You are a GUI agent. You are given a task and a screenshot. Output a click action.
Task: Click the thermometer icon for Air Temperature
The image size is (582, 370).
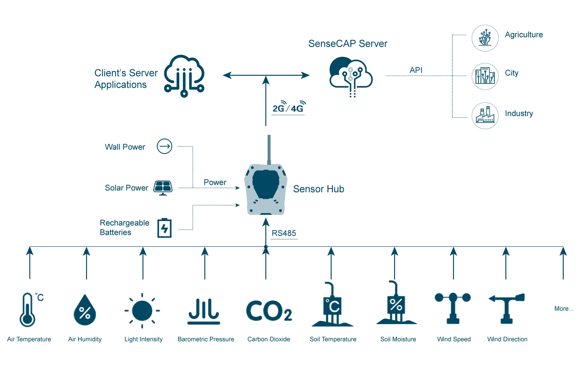pos(27,310)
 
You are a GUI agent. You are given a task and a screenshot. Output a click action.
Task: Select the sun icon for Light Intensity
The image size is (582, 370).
pos(142,310)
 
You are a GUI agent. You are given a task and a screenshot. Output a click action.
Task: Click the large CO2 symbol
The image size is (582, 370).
pos(269,310)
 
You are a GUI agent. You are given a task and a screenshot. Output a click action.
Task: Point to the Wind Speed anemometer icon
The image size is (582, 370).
pos(452,308)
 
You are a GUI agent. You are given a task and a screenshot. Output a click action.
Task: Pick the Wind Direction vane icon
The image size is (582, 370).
pos(506,308)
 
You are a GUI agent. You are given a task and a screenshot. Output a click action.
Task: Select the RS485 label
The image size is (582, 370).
pos(284,233)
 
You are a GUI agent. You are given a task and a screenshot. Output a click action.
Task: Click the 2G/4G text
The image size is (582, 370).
pos(288,109)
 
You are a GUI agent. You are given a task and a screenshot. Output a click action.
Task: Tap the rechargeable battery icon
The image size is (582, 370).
pos(164,228)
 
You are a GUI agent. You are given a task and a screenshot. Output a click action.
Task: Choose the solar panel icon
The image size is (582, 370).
pos(163,188)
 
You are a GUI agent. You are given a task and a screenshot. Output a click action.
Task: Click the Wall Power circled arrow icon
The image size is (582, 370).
pos(164,147)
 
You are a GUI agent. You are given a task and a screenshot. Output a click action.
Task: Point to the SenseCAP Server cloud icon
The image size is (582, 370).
pos(350,75)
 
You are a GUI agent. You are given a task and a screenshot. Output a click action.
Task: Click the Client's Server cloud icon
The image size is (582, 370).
pos(183,76)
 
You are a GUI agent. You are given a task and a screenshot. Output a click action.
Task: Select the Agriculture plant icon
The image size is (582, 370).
pos(485,38)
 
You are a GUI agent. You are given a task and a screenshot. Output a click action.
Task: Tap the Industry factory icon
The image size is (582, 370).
pos(485,115)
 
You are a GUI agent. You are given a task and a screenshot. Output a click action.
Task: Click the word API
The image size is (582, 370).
pos(416,70)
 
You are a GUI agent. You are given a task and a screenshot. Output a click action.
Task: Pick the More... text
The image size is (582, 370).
pos(563,309)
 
